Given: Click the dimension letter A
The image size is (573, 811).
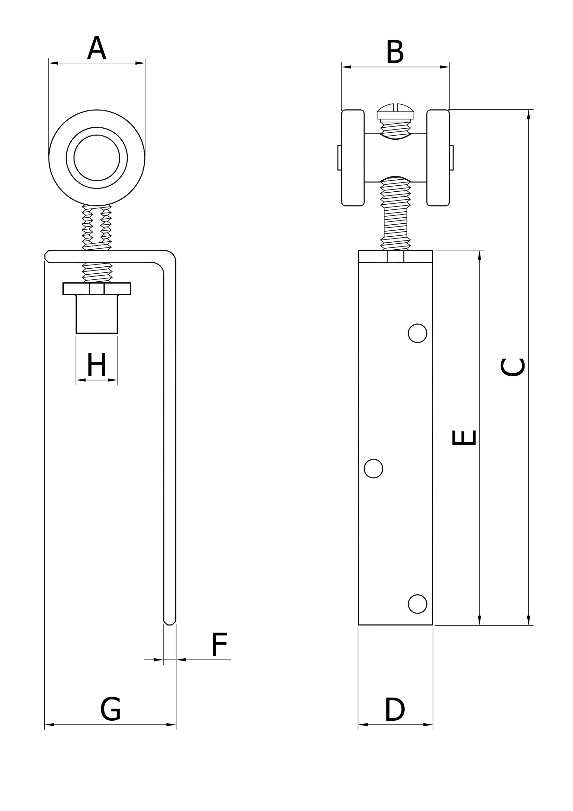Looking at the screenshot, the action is pos(96,48).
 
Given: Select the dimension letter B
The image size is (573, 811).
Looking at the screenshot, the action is pos(395,52).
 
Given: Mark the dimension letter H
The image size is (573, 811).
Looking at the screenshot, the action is pos(97,364).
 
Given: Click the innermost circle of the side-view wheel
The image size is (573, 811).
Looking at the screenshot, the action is pos(97,158).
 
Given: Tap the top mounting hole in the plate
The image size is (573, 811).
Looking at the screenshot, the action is pos(418,333).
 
